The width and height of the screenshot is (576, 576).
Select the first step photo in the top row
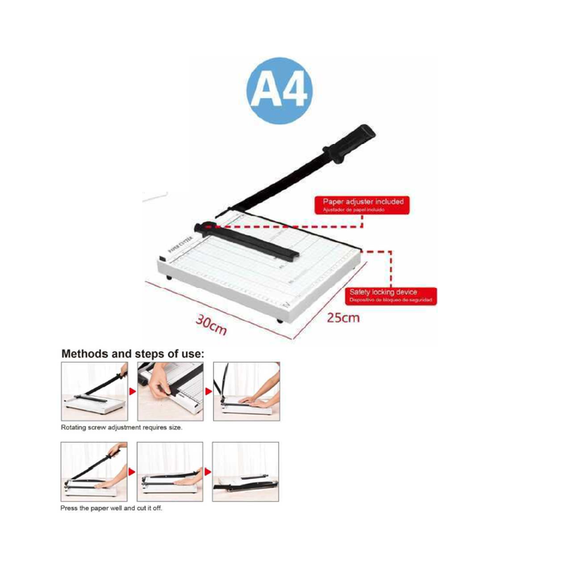point(93,392)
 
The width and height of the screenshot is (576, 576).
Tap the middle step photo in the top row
point(169,392)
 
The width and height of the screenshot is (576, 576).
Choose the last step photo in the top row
point(245,392)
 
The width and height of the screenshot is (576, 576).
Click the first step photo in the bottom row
point(93,471)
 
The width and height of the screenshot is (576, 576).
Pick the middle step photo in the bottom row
point(169,471)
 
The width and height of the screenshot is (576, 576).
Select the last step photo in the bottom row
point(245,471)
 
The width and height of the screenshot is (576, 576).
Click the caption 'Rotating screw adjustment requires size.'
point(122,428)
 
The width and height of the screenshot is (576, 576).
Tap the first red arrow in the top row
point(132,379)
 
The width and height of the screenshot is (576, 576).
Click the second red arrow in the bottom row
point(207,472)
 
